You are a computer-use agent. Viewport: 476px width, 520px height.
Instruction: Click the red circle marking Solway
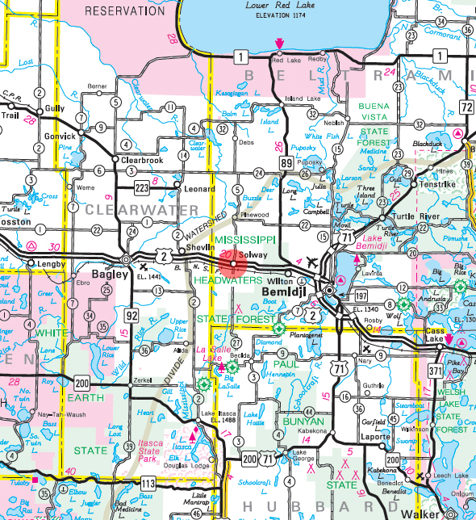[233, 264]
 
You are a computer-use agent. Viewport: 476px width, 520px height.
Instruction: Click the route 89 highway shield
[287, 164]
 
